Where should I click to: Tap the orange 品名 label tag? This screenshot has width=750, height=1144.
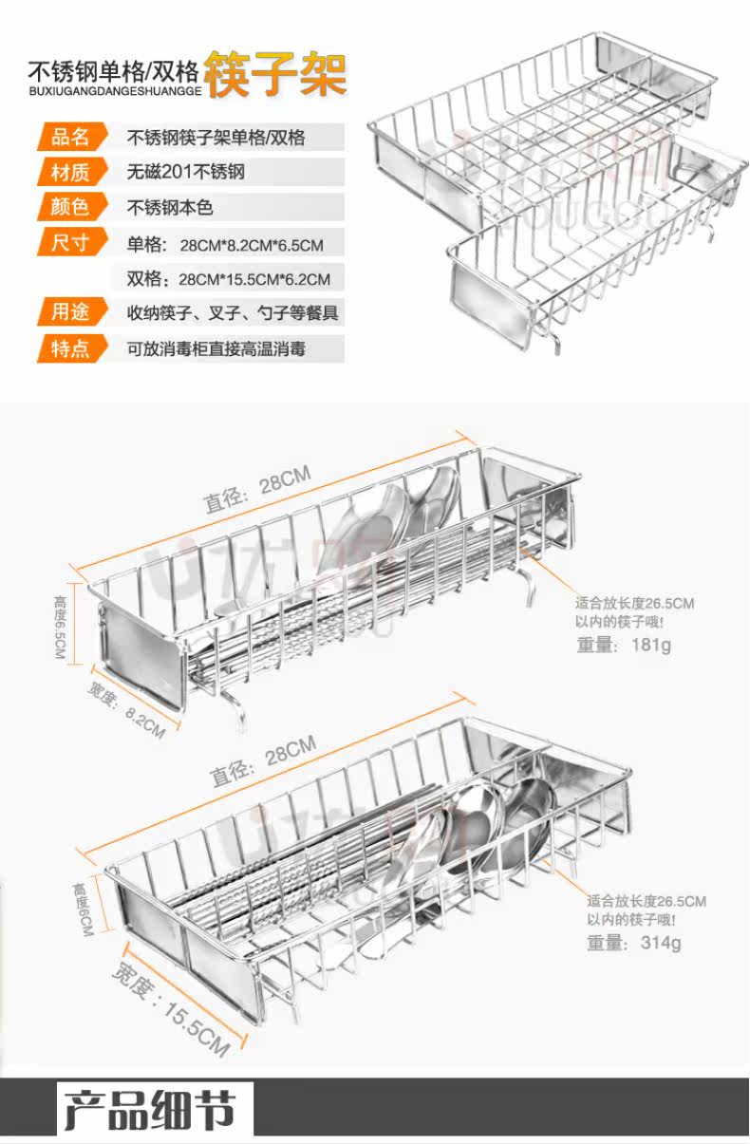click(70, 137)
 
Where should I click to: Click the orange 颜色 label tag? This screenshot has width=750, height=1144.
click(70, 207)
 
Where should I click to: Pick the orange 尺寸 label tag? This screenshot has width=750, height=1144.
click(70, 242)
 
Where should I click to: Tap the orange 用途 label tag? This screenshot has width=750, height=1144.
click(70, 312)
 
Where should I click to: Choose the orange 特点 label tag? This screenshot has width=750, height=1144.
click(70, 348)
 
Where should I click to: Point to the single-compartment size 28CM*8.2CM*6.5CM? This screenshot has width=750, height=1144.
click(252, 245)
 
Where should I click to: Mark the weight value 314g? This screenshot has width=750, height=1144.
click(660, 943)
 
